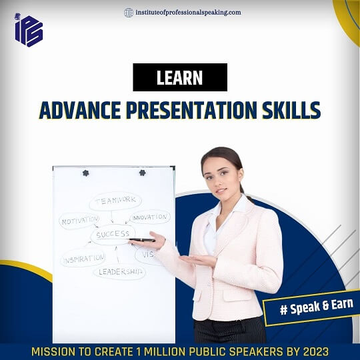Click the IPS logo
point(29,30)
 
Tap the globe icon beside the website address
point(129,13)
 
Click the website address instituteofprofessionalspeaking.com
point(188,13)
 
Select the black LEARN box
point(180,77)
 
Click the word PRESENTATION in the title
point(191,111)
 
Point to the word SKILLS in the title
point(291,111)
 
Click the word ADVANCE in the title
point(80,111)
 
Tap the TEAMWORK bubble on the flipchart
point(115,201)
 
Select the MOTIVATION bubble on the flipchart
point(79,221)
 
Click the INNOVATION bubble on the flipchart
point(150,217)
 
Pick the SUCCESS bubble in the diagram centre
point(113,235)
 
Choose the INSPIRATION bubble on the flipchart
point(83,259)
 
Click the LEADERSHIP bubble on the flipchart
point(119,272)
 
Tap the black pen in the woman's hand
point(142,240)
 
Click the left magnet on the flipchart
point(85,173)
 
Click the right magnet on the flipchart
point(143,173)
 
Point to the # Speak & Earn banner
point(312,307)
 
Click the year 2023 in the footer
point(316,352)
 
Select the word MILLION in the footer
point(164,352)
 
